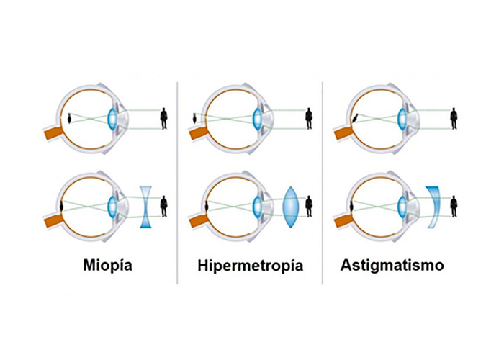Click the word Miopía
107,266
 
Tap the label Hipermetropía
251,266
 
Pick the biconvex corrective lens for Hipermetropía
291,207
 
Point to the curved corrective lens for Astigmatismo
432,207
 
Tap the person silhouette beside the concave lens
164,207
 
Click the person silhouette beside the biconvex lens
309,207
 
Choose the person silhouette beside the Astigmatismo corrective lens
454,207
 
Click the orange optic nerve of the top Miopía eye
53,134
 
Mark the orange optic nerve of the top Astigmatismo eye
341,134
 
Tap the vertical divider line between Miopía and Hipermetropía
178,180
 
